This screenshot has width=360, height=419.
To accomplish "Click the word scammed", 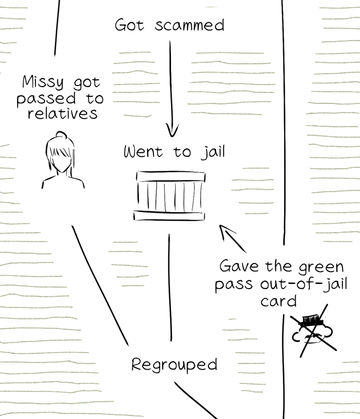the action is click(x=189, y=25).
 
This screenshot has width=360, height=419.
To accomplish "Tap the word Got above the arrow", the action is click(x=130, y=25).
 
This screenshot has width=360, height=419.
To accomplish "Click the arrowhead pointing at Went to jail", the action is click(x=172, y=130).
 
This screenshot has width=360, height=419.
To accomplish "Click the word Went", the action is click(x=143, y=152).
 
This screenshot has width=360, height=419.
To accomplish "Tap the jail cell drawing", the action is click(x=170, y=196).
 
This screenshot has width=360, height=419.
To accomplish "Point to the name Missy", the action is click(x=43, y=82).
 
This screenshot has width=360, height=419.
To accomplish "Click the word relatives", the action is click(x=63, y=113).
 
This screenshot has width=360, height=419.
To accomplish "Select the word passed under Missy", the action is click(x=46, y=99).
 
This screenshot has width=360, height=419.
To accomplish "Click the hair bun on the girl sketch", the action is click(x=62, y=135).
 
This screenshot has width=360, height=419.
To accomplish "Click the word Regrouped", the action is click(x=174, y=365).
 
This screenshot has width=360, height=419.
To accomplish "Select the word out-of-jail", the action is click(x=303, y=284).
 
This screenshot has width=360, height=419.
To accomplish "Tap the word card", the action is click(x=279, y=301).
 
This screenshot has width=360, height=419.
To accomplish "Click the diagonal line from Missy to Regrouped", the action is click(x=100, y=285).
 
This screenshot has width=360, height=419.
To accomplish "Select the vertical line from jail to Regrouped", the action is click(x=170, y=288).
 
